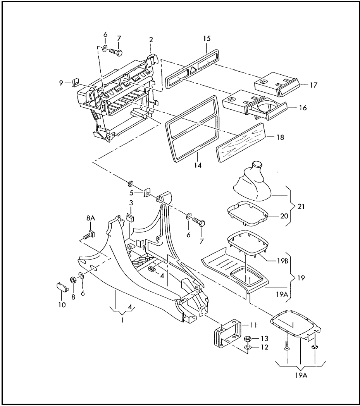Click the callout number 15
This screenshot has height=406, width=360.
[207, 39]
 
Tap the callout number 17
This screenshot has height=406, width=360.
[313, 85]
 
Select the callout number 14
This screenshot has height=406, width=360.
[198, 165]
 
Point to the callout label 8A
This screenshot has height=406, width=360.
[90, 218]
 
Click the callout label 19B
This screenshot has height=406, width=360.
[282, 261]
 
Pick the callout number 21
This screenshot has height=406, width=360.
[301, 206]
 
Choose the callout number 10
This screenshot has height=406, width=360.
[62, 305]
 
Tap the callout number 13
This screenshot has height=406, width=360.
[264, 339]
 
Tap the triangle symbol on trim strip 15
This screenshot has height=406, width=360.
[193, 70]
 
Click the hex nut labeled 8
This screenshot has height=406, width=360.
[73, 280]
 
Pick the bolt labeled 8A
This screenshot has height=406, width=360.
[90, 235]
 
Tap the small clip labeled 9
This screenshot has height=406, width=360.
[76, 83]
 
